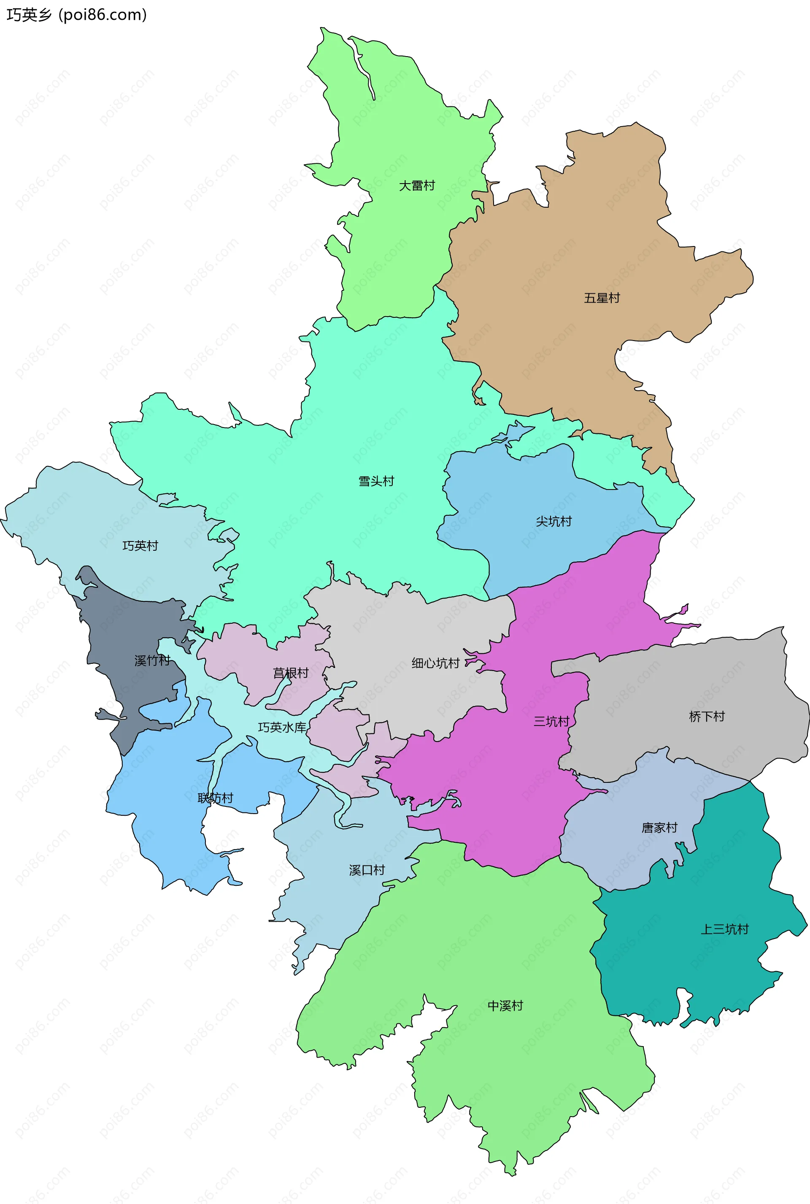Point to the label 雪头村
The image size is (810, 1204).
pos(377,482)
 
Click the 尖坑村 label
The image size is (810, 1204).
pos(554,521)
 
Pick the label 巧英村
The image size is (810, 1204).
pos(140,546)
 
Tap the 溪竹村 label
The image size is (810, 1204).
pos(152,660)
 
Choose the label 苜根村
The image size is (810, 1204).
pos(291,673)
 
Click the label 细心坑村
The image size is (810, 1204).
pos(435,663)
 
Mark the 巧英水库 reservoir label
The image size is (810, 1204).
pos(282,728)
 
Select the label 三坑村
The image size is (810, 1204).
pos(551,721)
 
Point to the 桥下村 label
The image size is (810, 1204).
pos(707,716)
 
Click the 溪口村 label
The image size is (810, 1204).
pos(367,870)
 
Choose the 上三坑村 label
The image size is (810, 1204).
pos(724,929)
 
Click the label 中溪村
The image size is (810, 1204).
pos(505,1006)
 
